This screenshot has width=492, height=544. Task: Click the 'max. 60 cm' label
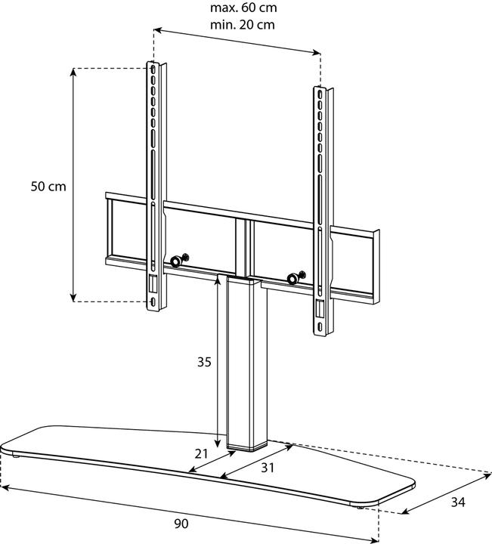[243, 8]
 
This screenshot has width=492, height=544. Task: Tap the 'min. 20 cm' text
[243, 24]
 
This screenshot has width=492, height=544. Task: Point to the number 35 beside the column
[204, 362]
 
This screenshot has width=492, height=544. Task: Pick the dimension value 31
[267, 468]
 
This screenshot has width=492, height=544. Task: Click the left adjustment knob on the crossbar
[175, 261]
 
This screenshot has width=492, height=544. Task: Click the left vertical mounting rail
[154, 181]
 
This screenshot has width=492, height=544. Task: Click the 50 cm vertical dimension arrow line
[73, 184]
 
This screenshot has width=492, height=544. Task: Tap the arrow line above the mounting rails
[237, 42]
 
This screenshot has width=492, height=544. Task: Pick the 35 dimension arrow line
[218, 363]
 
